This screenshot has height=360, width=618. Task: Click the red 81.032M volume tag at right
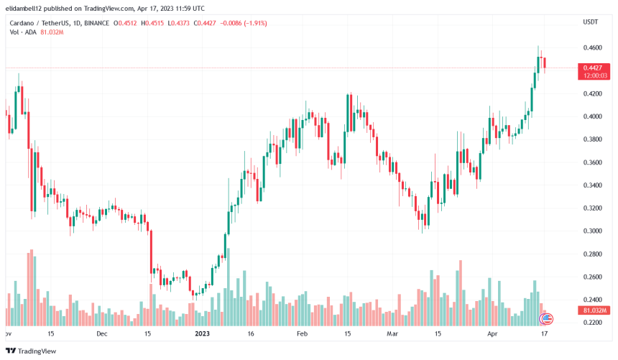point(593,310)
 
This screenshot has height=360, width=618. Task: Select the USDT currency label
point(590,22)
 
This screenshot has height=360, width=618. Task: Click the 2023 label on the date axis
point(203,334)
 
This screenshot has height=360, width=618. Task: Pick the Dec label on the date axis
point(101,334)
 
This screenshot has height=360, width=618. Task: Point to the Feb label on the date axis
point(302,334)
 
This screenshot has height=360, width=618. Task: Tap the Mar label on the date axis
point(392,334)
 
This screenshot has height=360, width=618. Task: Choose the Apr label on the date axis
point(492,334)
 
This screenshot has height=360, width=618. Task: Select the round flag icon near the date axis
point(547,318)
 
